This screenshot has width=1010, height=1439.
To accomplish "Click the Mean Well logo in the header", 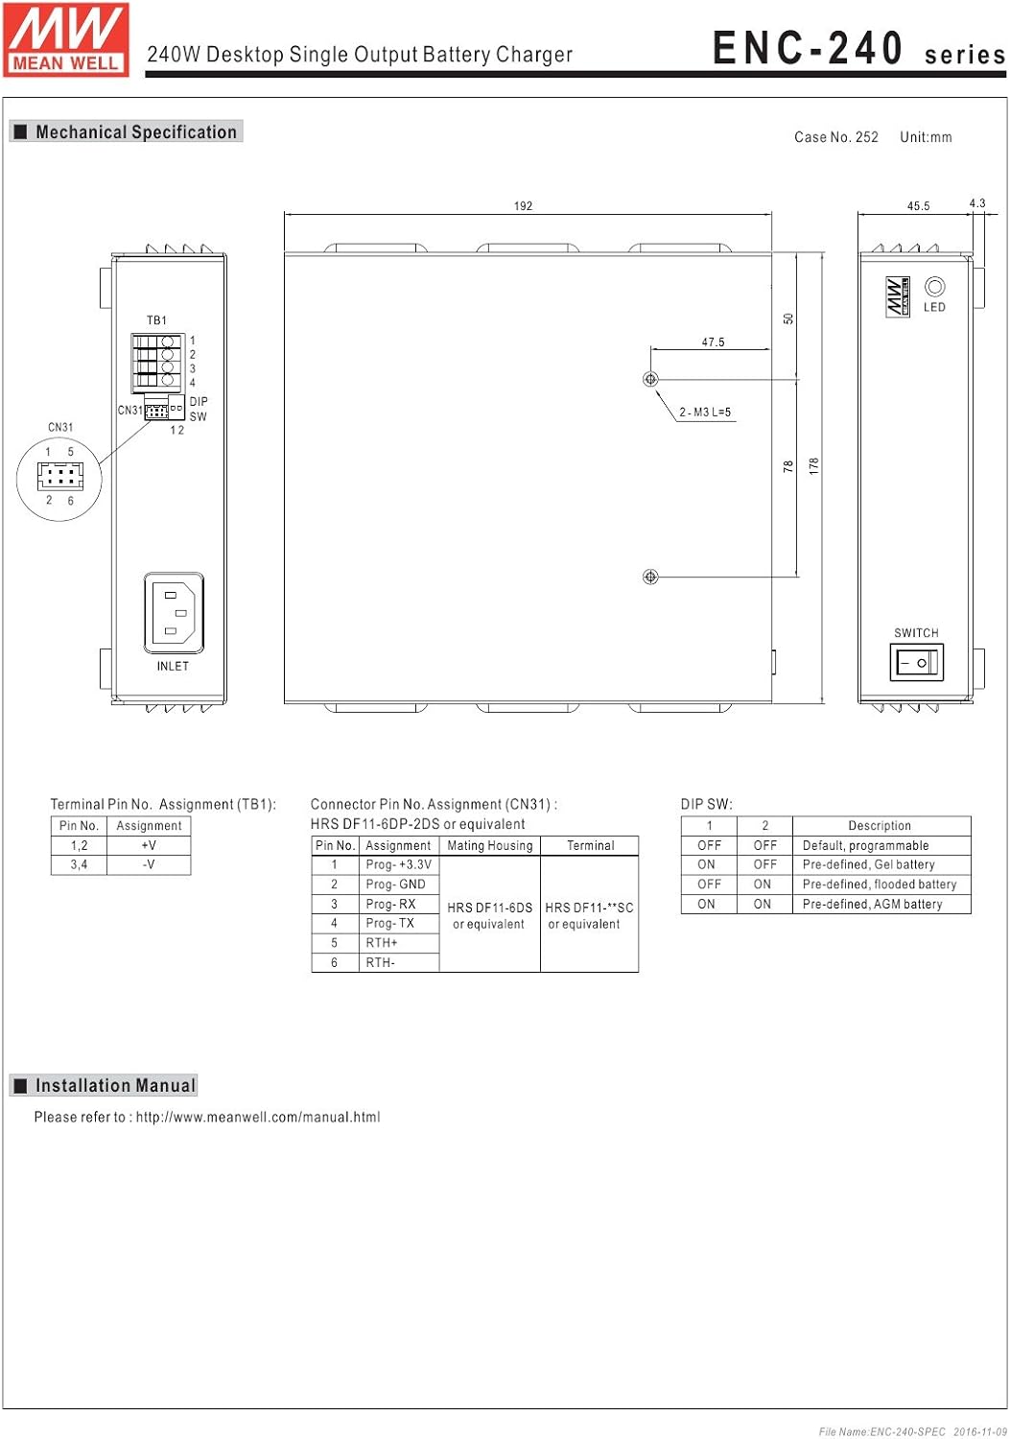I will pos(66,39).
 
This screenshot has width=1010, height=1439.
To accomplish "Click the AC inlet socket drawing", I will pos(174,612).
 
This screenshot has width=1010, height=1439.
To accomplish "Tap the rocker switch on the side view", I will pos(917,662).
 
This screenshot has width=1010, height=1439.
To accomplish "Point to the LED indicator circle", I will pos(934,287).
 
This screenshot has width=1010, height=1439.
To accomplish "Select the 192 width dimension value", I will pos(523,206).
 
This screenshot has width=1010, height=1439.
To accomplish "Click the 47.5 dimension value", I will pos(713,342).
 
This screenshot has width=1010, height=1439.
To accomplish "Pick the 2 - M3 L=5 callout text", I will pos(705,413).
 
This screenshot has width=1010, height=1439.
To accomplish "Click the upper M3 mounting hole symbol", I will pos(650,379).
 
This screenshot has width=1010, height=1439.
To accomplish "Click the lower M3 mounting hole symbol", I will pos(650,577).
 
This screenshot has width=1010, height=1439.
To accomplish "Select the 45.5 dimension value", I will pos(918,206).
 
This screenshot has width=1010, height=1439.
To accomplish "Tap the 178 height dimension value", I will pos(814,466).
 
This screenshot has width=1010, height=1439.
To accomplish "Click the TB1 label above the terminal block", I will pos(156,320).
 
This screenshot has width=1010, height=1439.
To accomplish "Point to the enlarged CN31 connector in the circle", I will pos(59,475).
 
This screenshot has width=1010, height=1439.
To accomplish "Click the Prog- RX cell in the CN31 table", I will pos(390,905).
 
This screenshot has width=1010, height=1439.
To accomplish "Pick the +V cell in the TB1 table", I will pos(149,845).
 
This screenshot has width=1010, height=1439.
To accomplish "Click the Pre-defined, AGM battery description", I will pos(872,904).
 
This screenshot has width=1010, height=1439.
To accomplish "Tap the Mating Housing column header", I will pos(489,846).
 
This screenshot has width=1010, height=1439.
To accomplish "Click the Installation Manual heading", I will pos(115,1086).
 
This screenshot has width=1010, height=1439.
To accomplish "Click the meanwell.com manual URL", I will pos(258,1118).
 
